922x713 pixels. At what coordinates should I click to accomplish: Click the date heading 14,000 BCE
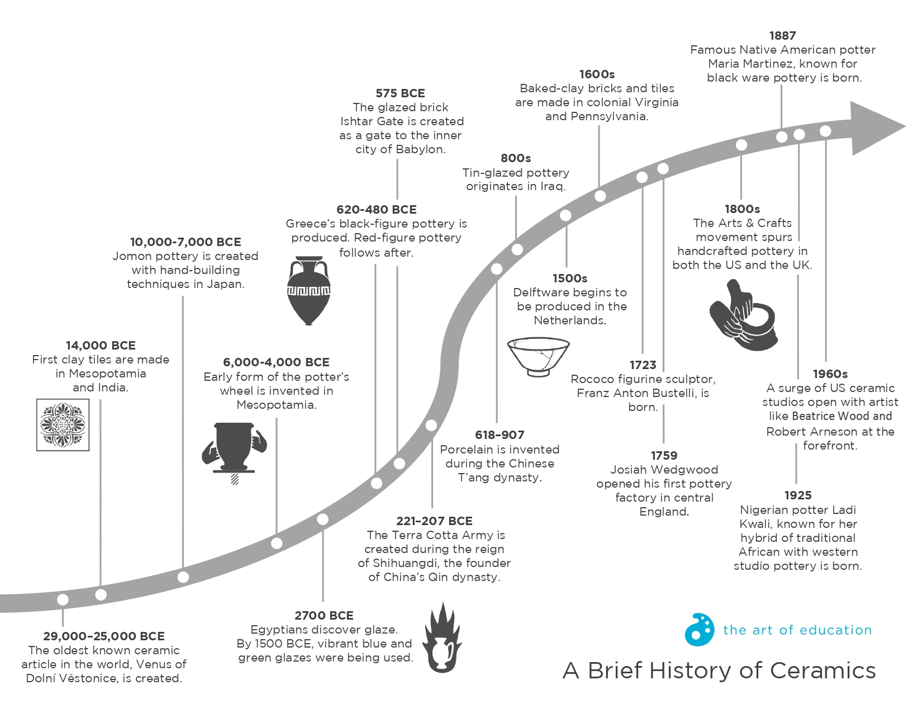point(101,346)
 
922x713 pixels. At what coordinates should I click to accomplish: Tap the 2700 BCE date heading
point(324,616)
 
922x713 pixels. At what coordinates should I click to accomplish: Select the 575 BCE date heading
point(400,93)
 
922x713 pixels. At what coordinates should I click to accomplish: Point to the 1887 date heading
point(782,36)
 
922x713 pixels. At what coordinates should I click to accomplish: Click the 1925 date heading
point(798,495)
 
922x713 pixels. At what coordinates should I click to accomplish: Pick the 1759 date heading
point(664,456)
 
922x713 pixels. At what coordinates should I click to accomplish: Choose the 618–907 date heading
point(500,435)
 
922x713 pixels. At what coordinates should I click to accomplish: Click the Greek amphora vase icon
point(308,291)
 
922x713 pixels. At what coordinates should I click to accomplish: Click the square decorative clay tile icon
point(63,425)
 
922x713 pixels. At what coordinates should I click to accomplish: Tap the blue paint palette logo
point(699,630)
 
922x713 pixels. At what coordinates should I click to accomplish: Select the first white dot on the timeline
point(63,599)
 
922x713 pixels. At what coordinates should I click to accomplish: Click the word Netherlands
point(570,320)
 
